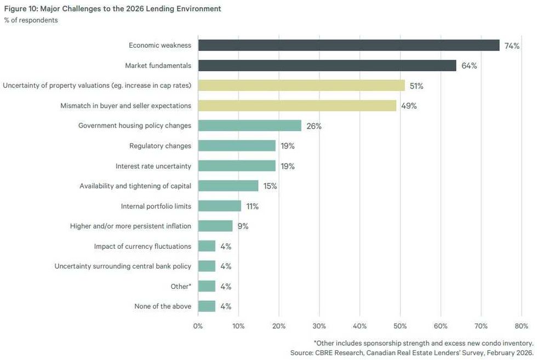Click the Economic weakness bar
[x=349, y=45]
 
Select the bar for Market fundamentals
[x=327, y=66]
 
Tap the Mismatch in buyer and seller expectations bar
[x=297, y=106]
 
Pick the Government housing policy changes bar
[x=249, y=125]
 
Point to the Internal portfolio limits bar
[x=220, y=206]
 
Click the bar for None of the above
[x=207, y=306]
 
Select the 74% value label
[x=512, y=46]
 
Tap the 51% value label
[x=416, y=86]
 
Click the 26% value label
[x=314, y=126]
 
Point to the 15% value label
[x=270, y=186]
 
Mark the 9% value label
[x=243, y=226]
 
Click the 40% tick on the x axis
[x=359, y=327]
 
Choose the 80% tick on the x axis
[x=521, y=327]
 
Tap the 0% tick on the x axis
[x=198, y=327]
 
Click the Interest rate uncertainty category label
[x=153, y=166]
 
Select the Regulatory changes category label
[x=160, y=146]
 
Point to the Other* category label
[x=181, y=286]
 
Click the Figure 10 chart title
[x=113, y=9]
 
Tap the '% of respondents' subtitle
[x=31, y=20]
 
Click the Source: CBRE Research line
[x=412, y=352]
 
